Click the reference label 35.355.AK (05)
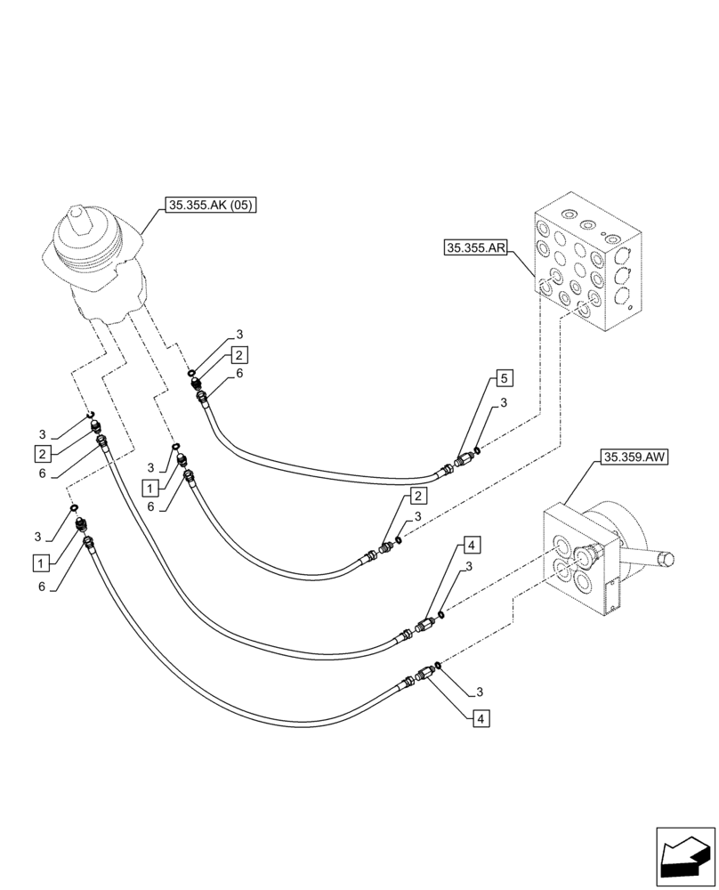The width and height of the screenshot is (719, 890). point(212,206)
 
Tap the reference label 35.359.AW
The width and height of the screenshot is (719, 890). point(634,458)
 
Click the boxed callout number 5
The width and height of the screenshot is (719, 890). point(504,379)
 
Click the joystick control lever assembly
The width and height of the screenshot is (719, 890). point(95,266)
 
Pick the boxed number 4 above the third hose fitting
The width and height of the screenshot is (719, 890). point(472,545)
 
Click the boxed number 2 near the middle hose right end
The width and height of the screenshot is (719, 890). point(416,496)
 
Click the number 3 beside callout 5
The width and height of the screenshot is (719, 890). point(505,404)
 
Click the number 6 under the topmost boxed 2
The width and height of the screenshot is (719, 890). point(239,376)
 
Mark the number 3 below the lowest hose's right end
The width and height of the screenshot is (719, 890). point(479,691)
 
